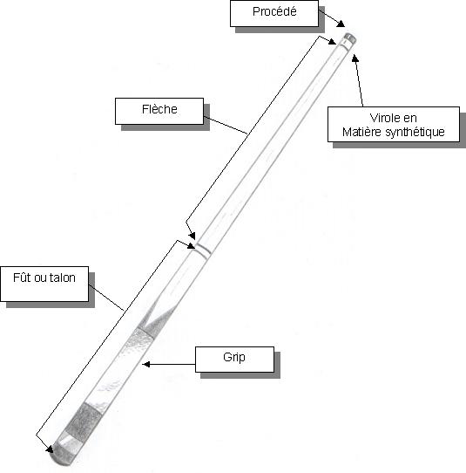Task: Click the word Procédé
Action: (x=274, y=11)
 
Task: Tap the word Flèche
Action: (x=159, y=109)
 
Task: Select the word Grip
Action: (x=234, y=358)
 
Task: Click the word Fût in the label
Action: (x=23, y=278)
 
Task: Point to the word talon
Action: (x=63, y=278)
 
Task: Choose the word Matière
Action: (x=362, y=132)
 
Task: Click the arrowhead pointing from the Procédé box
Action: (x=341, y=24)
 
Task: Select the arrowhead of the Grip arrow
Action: (x=146, y=365)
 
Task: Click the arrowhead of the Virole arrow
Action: (x=355, y=58)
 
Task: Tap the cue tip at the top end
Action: (x=350, y=38)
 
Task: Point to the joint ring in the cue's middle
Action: (x=203, y=250)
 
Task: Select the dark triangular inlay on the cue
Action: (x=159, y=319)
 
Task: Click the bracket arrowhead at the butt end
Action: (x=50, y=449)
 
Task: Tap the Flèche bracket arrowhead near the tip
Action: (x=332, y=41)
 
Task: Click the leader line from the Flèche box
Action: (x=226, y=125)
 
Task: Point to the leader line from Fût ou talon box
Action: (x=106, y=297)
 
